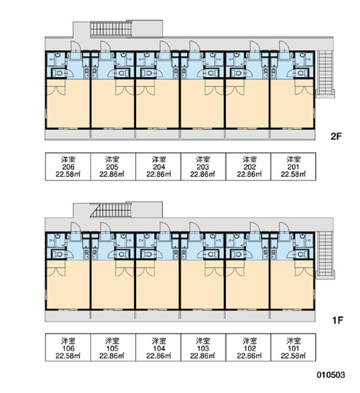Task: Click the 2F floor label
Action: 336,137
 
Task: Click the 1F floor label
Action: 337,320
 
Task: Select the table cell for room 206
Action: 68,166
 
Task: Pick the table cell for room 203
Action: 203,166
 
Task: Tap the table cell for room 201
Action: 293,166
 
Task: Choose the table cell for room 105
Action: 113,348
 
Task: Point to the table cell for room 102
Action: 248,348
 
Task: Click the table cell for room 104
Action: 158,348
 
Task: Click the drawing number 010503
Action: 331,375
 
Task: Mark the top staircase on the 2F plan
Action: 111,29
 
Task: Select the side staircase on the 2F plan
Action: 325,73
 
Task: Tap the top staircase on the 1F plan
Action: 111,210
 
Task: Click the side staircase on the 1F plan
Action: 325,254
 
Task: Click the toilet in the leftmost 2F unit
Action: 58,73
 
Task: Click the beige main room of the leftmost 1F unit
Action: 68,285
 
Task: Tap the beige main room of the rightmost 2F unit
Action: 292,103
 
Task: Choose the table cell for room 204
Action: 158,166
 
